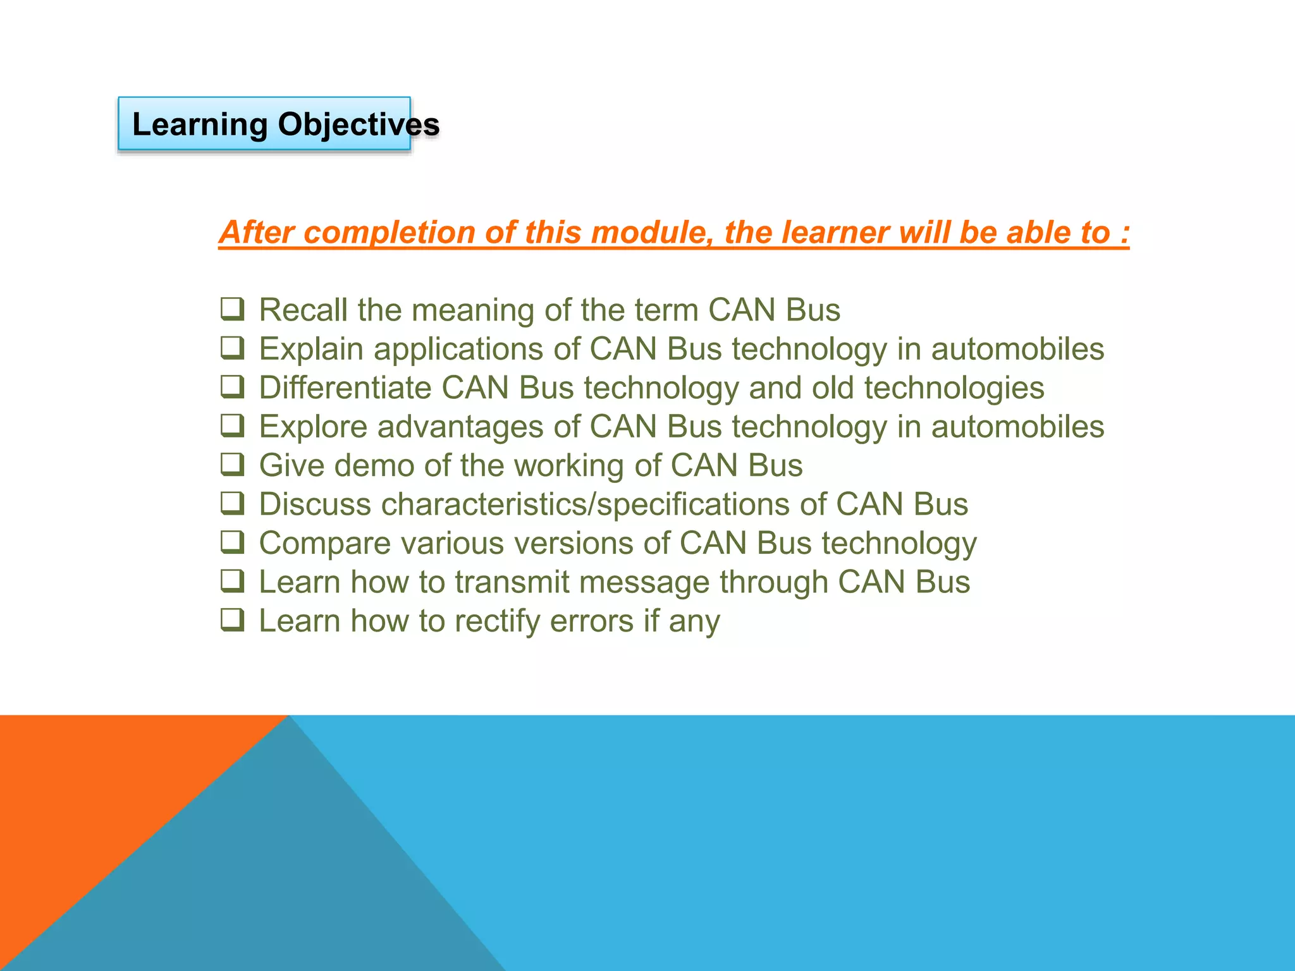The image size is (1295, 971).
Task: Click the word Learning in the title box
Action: coord(200,125)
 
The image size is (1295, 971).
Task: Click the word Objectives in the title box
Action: coord(359,125)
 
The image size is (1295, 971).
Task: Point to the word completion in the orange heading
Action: coord(388,233)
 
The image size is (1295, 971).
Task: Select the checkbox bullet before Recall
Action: coord(232,309)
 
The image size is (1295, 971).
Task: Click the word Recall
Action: coord(303,310)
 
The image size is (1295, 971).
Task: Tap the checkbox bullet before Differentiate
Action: coord(232,387)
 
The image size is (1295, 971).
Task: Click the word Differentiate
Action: coord(345,388)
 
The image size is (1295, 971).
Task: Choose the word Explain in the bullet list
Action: coord(311,349)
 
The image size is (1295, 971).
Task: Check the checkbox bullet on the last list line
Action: coord(232,620)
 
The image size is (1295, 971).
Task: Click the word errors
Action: coord(591,621)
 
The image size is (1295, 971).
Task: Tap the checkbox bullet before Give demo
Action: coord(232,465)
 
